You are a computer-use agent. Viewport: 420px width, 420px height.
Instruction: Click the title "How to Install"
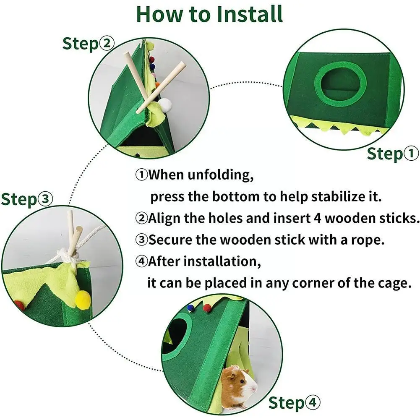click(209, 14)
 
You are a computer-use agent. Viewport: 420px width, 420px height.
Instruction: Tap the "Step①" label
click(393, 154)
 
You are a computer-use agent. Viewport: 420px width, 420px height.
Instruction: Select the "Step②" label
click(89, 44)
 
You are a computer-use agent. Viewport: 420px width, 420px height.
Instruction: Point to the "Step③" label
click(27, 199)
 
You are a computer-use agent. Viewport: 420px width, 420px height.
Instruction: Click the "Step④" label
click(295, 403)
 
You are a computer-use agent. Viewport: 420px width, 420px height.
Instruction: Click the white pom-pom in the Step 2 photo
click(164, 104)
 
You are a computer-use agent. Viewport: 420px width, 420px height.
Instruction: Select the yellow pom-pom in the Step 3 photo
click(83, 299)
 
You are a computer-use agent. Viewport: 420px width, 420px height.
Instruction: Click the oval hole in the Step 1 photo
click(340, 84)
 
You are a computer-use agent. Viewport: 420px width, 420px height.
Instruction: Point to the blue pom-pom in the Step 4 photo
click(190, 308)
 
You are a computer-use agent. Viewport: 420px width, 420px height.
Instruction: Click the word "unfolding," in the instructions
click(220, 175)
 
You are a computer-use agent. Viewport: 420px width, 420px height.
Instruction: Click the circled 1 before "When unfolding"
click(141, 175)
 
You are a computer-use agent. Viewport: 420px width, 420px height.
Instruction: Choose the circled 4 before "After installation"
click(141, 261)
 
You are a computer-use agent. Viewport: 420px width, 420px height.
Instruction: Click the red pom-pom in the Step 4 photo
click(206, 308)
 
